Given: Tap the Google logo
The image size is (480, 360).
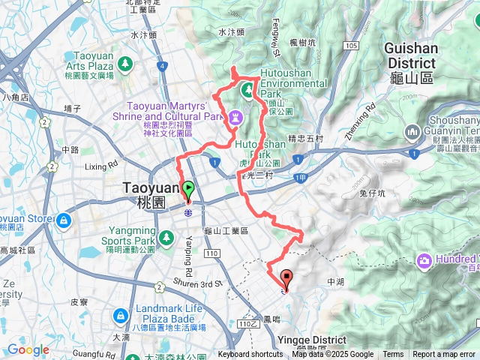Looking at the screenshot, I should pyautogui.click(x=28, y=350).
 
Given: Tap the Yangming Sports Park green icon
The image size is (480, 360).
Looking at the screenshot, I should pyautogui.click(x=166, y=238).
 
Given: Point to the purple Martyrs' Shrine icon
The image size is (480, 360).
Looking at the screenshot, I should pyautogui.click(x=237, y=117).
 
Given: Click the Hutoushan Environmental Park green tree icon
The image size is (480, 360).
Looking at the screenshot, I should pyautogui.click(x=247, y=91).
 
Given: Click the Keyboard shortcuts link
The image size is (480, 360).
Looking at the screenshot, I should pyautogui.click(x=250, y=355).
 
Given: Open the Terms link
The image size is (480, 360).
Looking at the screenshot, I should pyautogui.click(x=393, y=355).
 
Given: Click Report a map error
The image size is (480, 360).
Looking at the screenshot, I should pyautogui.click(x=445, y=355).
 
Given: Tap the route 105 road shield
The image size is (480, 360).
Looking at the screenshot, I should pyautogui.click(x=352, y=46).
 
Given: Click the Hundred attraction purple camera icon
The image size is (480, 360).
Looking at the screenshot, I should pyautogui.click(x=424, y=259).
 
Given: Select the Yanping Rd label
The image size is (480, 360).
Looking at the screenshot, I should pyautogui.click(x=189, y=254).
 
